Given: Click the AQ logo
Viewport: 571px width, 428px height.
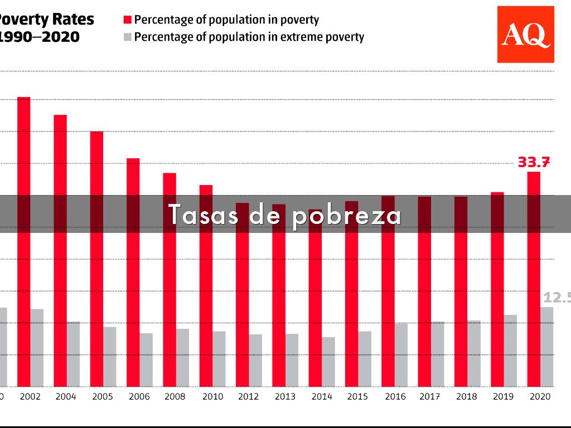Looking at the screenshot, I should (525, 35).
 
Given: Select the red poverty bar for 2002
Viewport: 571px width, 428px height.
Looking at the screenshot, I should (24, 240).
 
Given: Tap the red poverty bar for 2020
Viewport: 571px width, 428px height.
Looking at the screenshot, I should (534, 279).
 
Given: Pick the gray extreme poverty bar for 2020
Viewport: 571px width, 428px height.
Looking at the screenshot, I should (546, 347).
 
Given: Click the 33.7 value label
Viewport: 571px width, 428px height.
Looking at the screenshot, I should (534, 162).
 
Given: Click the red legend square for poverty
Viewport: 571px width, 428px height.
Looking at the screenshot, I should (127, 20).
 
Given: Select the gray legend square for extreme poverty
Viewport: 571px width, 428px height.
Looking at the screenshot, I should (127, 37).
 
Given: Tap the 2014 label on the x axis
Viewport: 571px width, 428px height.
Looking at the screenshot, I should (322, 397).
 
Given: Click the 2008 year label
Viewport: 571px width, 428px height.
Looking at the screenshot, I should (176, 397).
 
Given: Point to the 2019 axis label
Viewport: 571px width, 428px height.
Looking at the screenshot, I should (504, 397).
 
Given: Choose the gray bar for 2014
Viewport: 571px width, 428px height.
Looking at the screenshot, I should (328, 362).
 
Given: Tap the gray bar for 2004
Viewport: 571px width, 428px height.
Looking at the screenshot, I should (74, 354).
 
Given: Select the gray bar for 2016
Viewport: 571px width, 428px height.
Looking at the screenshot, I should (401, 354).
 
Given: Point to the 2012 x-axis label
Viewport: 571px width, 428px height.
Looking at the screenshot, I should (249, 397).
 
